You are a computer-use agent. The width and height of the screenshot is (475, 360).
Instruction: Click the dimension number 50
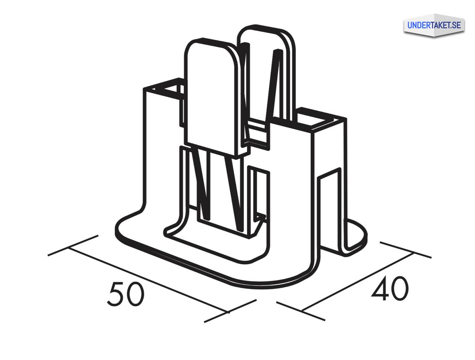click(x=125, y=294)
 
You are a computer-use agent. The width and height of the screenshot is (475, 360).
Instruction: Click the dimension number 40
click(x=389, y=288)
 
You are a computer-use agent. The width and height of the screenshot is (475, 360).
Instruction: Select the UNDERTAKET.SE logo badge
click(x=434, y=25)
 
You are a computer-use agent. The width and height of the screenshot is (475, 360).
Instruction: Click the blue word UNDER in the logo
click(x=419, y=25)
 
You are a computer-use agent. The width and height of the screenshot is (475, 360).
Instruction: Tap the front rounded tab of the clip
click(x=213, y=98)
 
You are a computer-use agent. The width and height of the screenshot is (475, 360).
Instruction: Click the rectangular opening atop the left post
click(x=168, y=88)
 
